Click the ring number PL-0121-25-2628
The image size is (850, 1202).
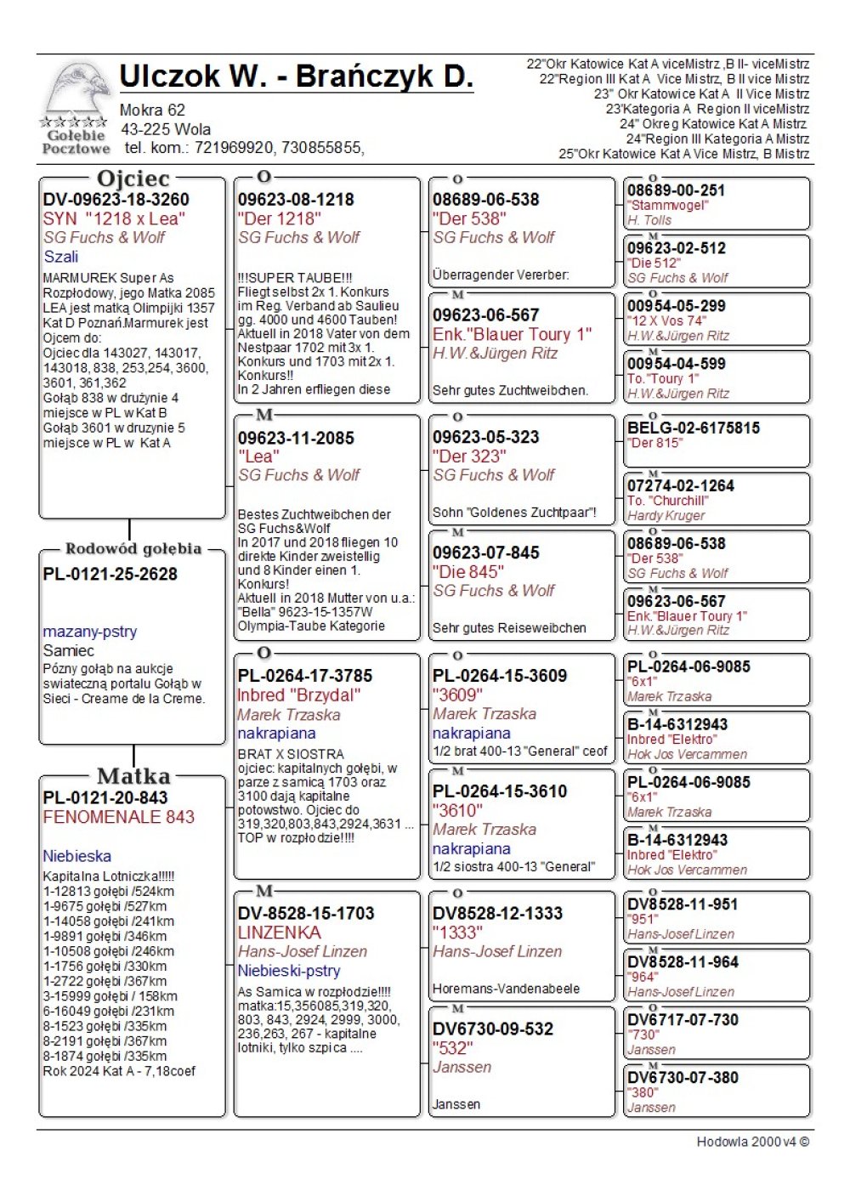pyautogui.click(x=110, y=575)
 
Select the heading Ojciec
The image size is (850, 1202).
pyautogui.click(x=133, y=179)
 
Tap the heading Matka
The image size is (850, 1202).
pyautogui.click(x=133, y=776)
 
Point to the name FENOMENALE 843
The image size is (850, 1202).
pyautogui.click(x=118, y=817)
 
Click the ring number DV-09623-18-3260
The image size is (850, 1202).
pyautogui.click(x=116, y=200)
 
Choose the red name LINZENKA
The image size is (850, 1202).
pyautogui.click(x=279, y=933)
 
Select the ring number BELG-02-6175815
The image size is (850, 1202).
pyautogui.click(x=693, y=428)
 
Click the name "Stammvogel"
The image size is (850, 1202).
pyautogui.click(x=667, y=206)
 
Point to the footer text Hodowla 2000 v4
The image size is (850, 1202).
pyautogui.click(x=752, y=1142)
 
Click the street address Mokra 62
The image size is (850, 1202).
pyautogui.click(x=152, y=110)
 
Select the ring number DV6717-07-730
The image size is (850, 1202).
pyautogui.click(x=683, y=1020)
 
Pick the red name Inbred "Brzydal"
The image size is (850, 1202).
pyautogui.click(x=298, y=695)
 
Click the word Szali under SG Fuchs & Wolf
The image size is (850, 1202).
pyautogui.click(x=60, y=257)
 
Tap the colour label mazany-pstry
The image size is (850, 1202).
pyautogui.click(x=89, y=632)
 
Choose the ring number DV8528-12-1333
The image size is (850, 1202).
pyautogui.click(x=497, y=914)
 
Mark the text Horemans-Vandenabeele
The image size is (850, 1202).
pyautogui.click(x=506, y=989)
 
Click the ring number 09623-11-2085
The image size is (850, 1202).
pyautogui.click(x=295, y=439)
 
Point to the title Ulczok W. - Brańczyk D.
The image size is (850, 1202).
pyautogui.click(x=296, y=77)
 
